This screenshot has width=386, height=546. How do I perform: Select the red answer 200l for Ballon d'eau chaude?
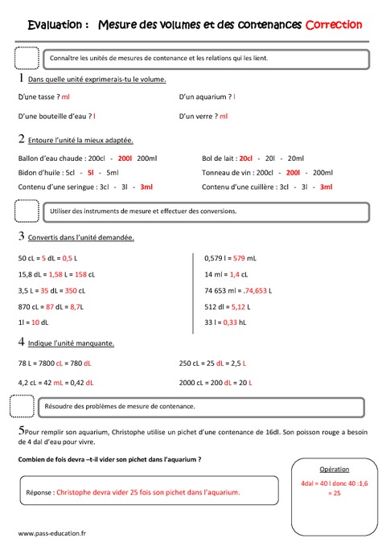(125, 158)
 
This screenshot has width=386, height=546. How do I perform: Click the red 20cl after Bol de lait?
(246, 158)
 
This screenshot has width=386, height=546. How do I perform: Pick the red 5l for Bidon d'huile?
(92, 172)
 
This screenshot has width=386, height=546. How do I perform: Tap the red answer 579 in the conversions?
(240, 258)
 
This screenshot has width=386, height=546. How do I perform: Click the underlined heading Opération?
(335, 468)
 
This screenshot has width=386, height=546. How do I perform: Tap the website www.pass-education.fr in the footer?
(52, 533)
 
